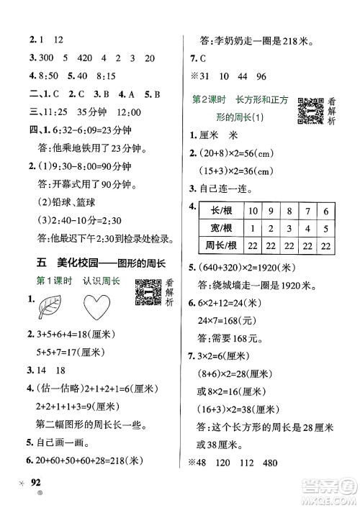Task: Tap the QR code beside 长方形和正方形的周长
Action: tap(308, 109)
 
